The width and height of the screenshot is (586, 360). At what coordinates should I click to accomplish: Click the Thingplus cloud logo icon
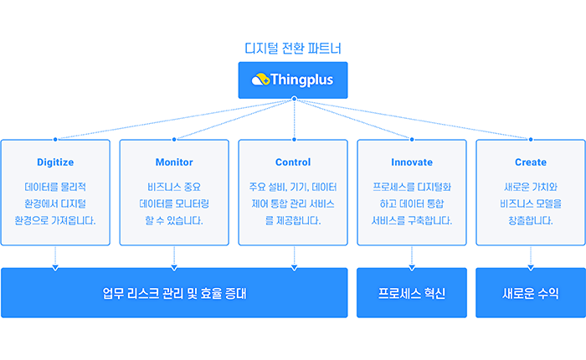coord(260,80)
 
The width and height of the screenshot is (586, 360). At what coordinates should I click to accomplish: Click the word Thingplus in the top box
coord(301,80)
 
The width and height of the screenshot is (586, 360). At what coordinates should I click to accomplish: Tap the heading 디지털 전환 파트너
coord(293,49)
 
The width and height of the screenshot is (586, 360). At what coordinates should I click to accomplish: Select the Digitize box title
coord(55,162)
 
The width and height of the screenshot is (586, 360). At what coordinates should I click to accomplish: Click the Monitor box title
coord(174,162)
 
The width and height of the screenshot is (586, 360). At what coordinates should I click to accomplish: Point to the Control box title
coord(293,162)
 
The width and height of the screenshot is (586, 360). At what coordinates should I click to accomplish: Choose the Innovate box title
coord(412,162)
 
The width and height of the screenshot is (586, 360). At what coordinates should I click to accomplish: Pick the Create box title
coord(531,162)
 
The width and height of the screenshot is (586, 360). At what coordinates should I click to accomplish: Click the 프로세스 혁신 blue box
coord(412,293)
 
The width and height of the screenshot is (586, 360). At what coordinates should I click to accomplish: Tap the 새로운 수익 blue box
coord(531,293)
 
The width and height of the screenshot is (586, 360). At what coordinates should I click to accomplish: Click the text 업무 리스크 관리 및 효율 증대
coord(174,293)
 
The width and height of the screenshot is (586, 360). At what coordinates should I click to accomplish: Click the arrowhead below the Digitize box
coord(55,268)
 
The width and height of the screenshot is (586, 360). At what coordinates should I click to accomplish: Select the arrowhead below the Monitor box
coord(174,268)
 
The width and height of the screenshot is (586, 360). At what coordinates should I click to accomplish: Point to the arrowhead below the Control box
coord(294,268)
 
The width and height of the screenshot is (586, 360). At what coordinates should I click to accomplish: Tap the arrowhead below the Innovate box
coord(412,268)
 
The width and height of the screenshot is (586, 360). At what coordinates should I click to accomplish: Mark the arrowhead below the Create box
coord(531,268)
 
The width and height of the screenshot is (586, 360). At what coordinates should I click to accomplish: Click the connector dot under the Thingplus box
coord(294,99)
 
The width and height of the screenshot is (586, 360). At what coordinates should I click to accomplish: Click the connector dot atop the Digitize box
coord(55,140)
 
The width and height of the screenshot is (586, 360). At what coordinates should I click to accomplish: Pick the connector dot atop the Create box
coord(531,140)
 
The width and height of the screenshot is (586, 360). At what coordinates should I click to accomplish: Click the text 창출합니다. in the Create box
coord(530,220)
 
